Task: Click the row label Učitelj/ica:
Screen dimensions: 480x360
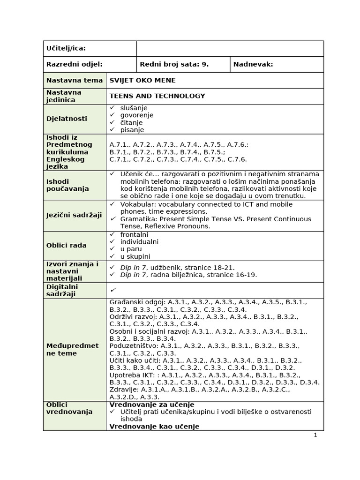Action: tap(66, 49)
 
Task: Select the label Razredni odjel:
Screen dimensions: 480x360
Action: tap(74, 65)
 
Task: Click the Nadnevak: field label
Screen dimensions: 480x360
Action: tap(253, 65)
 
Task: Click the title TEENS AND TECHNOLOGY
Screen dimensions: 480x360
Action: tap(157, 96)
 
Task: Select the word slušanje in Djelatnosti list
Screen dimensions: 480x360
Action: tap(135, 108)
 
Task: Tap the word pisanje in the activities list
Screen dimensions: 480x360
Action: tap(132, 130)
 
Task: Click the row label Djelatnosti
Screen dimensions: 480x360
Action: tap(67, 119)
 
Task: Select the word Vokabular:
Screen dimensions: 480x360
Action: tap(138, 204)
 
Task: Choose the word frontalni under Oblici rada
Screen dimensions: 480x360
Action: tap(134, 234)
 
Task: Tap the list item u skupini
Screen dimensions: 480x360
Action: tap(135, 256)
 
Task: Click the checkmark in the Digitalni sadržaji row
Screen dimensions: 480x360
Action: tap(112, 291)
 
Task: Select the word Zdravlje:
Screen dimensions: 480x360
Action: tap(124, 390)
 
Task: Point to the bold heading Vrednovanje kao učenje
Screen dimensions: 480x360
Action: tap(154, 427)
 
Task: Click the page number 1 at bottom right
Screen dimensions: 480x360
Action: tap(315, 435)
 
